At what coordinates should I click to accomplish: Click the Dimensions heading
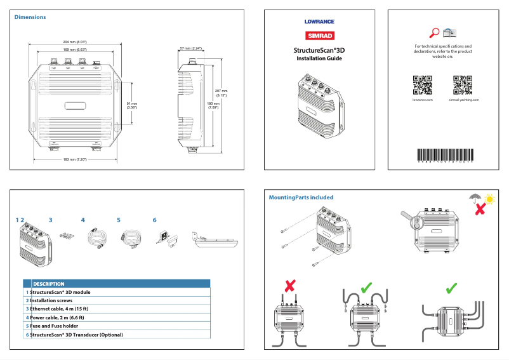click(30, 17)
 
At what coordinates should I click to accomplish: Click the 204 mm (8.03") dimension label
click(75, 42)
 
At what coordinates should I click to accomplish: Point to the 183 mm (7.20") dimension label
click(75, 159)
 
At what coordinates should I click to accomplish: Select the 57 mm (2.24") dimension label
click(190, 48)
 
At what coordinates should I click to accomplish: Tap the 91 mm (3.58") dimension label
click(132, 105)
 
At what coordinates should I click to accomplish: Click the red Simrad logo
click(319, 36)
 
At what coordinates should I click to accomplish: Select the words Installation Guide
click(319, 58)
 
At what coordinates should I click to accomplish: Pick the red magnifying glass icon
click(435, 32)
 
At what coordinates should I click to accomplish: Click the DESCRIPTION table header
click(48, 284)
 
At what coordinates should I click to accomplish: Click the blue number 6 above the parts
click(154, 220)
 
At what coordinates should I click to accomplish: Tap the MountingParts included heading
click(301, 197)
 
